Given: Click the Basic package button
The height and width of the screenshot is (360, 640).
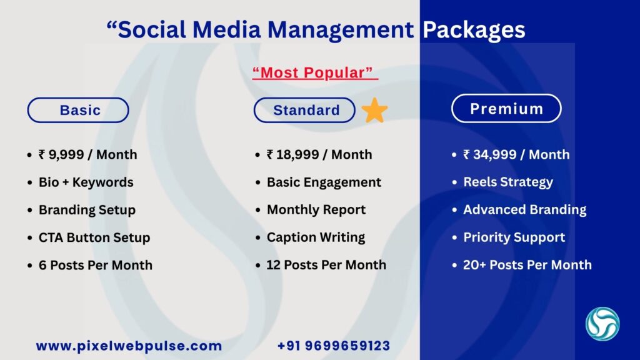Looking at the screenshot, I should click(x=78, y=111).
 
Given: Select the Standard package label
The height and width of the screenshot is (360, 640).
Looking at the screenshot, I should click(x=305, y=111).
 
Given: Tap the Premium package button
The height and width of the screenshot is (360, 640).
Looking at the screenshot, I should click(x=506, y=109).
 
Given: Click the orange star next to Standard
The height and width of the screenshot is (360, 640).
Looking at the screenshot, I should click(x=374, y=111).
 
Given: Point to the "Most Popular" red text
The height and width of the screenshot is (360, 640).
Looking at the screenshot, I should click(x=315, y=73).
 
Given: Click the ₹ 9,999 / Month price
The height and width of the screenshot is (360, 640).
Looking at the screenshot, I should click(x=87, y=154).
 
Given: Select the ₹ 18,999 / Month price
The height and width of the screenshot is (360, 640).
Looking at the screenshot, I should click(x=319, y=154).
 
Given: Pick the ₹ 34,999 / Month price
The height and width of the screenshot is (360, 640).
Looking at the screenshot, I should click(x=516, y=154).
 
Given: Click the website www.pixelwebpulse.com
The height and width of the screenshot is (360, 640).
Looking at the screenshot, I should click(x=129, y=346).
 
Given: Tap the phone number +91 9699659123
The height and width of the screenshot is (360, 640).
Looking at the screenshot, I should click(x=334, y=346).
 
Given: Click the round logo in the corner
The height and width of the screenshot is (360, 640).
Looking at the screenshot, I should click(x=602, y=324).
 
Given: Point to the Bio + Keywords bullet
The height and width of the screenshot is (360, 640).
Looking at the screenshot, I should click(x=86, y=182).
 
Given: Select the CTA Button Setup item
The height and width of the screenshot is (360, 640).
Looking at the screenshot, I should click(x=94, y=237).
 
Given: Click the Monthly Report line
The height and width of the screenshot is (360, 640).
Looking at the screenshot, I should click(x=316, y=210).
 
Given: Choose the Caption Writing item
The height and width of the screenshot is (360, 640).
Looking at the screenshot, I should click(x=316, y=237).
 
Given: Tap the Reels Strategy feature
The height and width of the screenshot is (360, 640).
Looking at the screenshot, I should click(x=507, y=182).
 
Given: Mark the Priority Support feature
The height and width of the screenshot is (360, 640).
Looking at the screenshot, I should click(x=514, y=237).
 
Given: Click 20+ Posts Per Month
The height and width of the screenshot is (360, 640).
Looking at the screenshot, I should click(x=527, y=265).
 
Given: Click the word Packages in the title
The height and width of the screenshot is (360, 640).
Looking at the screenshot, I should click(x=474, y=29).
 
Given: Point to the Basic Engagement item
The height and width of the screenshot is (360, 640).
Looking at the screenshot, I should click(x=324, y=182).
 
